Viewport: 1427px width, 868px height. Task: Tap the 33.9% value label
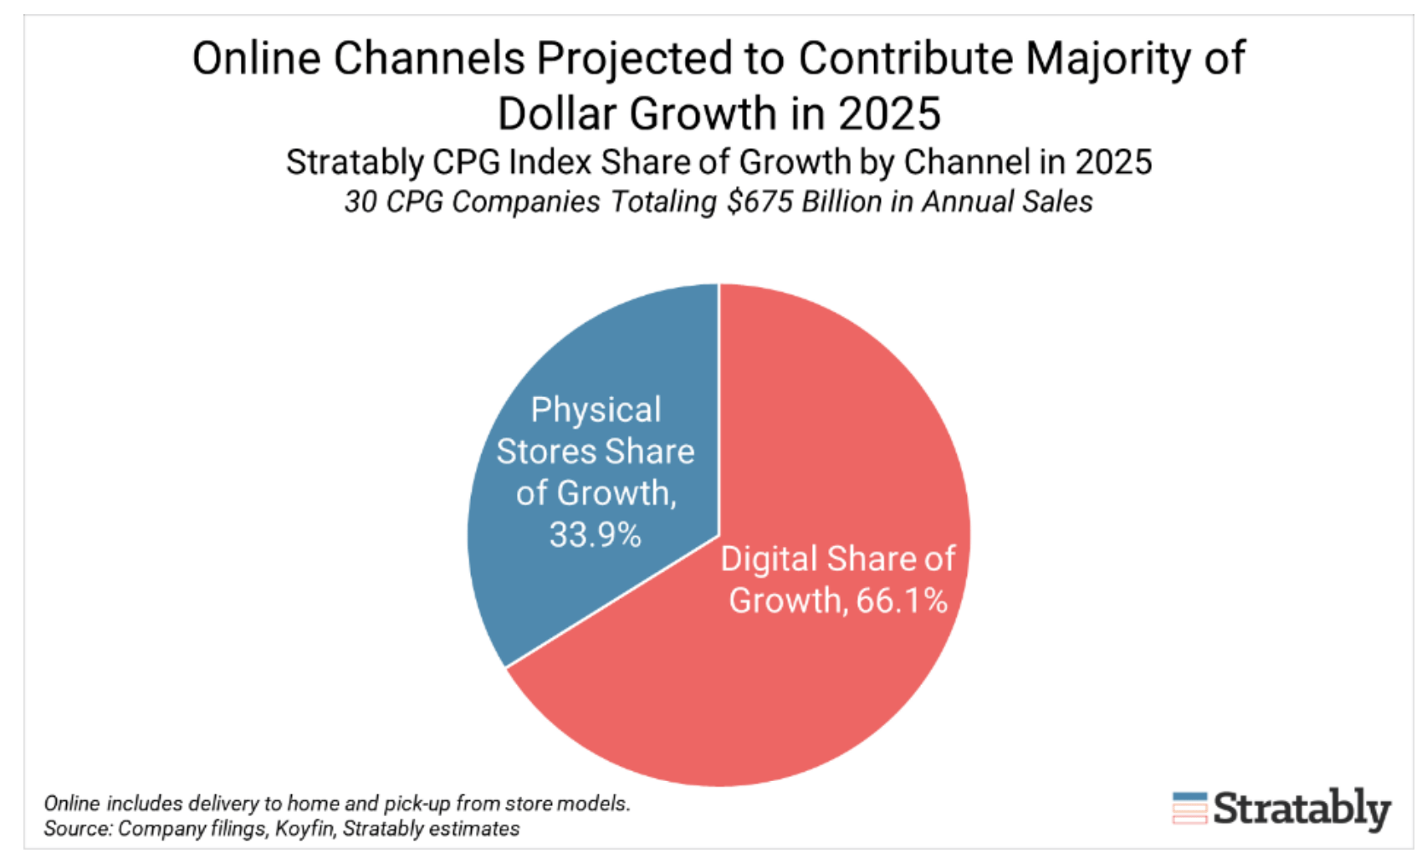click(595, 534)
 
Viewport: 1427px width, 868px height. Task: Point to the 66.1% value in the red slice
click(901, 600)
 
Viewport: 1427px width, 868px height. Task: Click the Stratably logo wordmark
click(1302, 809)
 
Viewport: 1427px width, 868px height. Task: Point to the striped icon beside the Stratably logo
click(1189, 809)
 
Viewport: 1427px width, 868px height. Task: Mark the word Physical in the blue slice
click(596, 410)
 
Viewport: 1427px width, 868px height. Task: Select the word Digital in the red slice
click(769, 559)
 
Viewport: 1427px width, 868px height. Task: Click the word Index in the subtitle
click(551, 162)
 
